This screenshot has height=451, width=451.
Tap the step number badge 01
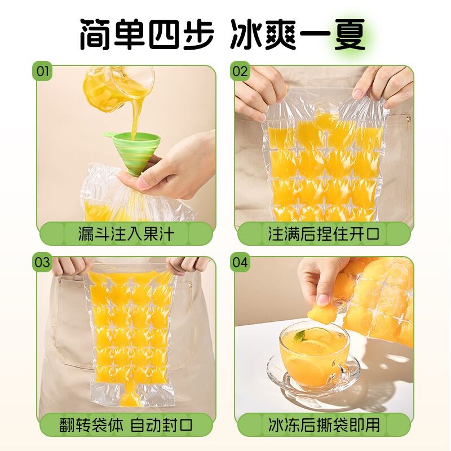pyautogui.click(x=42, y=71)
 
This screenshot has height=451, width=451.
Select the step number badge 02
pyautogui.click(x=240, y=71)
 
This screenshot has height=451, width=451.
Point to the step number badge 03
pyautogui.click(x=42, y=262)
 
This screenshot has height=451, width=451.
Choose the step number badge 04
pyautogui.click(x=240, y=262)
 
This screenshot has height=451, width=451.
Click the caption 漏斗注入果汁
pyautogui.click(x=126, y=233)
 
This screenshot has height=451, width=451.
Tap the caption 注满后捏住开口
pyautogui.click(x=324, y=233)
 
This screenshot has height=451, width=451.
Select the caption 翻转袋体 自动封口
pyautogui.click(x=126, y=425)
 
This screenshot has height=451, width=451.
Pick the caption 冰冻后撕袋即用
pyautogui.click(x=324, y=425)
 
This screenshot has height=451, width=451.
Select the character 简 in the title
pyautogui.click(x=96, y=35)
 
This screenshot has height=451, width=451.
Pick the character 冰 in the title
pyautogui.click(x=246, y=35)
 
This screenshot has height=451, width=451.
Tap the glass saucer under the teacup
pyautogui.click(x=313, y=377)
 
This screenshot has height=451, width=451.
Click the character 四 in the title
pyautogui.click(x=165, y=35)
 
